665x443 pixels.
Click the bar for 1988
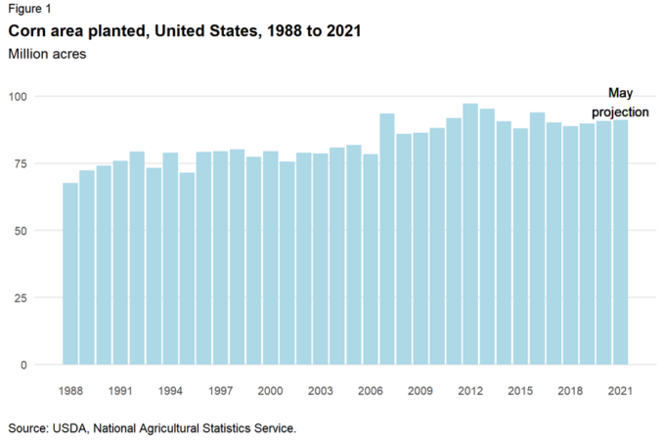(70, 274)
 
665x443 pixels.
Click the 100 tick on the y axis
(20, 96)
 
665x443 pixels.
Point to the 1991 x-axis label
(120, 391)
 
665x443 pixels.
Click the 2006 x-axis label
(370, 391)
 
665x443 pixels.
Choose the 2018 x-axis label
(570, 391)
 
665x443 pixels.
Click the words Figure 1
(28, 10)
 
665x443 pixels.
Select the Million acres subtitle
(47, 54)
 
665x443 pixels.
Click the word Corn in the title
(27, 32)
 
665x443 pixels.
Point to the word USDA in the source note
(70, 428)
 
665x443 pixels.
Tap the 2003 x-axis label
(320, 391)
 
